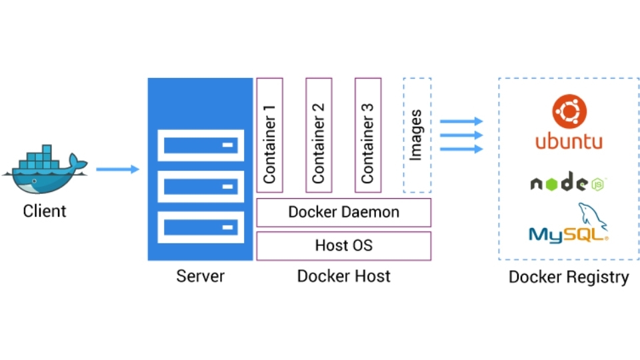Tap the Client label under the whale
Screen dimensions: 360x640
[x=45, y=211]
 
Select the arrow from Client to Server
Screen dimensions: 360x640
[x=117, y=169]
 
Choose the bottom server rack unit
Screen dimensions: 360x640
[x=200, y=227]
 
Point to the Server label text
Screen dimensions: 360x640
[x=200, y=275]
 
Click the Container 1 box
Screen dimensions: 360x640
[x=270, y=135]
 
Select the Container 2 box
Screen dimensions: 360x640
[x=319, y=135]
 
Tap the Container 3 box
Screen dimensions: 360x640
[x=367, y=135]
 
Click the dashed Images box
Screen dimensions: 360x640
[x=417, y=135]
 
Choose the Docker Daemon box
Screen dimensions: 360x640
[x=343, y=213]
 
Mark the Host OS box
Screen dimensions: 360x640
[x=343, y=245]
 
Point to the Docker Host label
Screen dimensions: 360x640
[x=343, y=275]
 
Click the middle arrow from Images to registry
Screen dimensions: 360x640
[x=461, y=135]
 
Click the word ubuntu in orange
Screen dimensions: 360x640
[x=569, y=142]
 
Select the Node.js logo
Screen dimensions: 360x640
[x=569, y=183]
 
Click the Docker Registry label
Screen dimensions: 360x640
[x=568, y=277]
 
